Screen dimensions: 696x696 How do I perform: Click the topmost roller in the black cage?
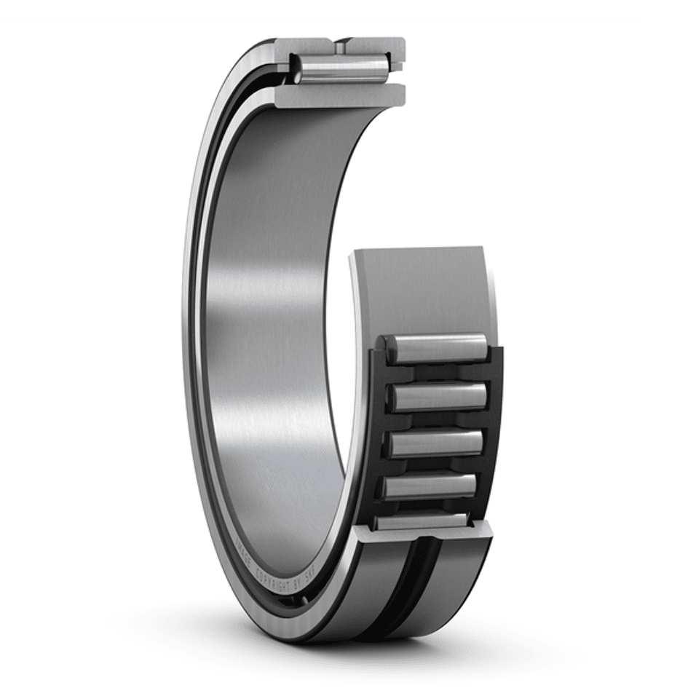pos(437,349)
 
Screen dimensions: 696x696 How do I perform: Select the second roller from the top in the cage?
pos(437,397)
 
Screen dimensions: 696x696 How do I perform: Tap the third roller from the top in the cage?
pos(435,443)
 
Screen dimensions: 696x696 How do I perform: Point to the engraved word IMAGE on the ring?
pos(245,553)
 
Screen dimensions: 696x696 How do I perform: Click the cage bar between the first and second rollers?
pos(437,373)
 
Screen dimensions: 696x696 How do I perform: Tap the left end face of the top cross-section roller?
pos(297,67)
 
